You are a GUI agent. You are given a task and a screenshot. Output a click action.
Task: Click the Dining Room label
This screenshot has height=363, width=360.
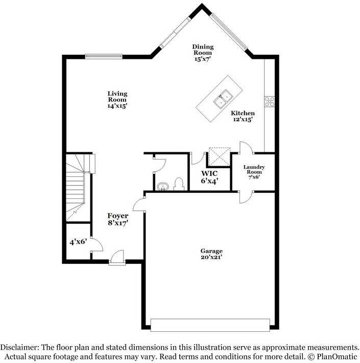point(203,53)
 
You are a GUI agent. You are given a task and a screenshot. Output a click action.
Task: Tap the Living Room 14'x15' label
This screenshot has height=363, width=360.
point(117,100)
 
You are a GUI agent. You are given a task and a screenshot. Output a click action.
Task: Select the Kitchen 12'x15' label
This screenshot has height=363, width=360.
point(243,116)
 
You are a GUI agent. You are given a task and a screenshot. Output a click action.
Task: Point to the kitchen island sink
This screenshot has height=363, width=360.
point(224,99)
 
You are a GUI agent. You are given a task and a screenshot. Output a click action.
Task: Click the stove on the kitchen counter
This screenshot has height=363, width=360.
point(269,101)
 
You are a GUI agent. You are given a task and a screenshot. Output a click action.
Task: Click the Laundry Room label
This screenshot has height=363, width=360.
point(254,172)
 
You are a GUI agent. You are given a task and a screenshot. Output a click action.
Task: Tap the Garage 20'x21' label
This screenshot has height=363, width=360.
point(211,254)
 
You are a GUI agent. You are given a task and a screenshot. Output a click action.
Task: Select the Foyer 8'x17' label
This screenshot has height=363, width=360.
point(117,219)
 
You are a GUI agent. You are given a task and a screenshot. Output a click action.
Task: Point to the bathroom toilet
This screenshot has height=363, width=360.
point(179,184)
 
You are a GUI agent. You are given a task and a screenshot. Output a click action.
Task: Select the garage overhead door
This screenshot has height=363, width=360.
point(210,325)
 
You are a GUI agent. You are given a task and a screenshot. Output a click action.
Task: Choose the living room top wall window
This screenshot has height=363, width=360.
point(103,56)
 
